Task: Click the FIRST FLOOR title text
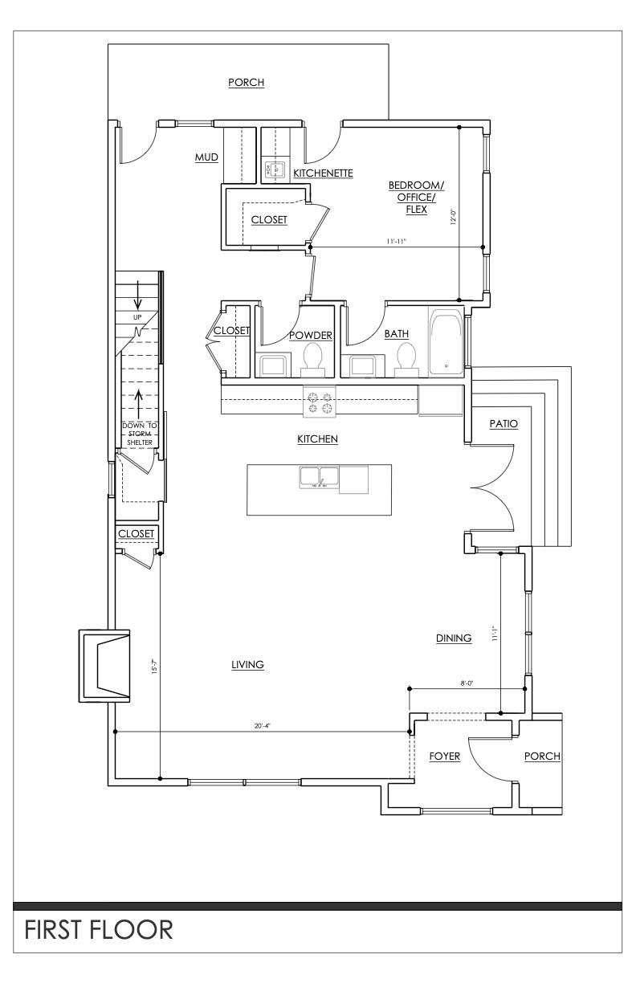pos(98,929)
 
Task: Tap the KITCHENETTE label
pos(323,173)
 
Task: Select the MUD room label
pos(206,157)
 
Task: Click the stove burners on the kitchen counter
pos(320,403)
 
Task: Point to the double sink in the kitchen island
pos(319,478)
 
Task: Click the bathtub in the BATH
pos(446,341)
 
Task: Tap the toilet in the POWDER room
pos(313,357)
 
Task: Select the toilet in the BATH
pos(406,357)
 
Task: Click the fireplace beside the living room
pos(104,666)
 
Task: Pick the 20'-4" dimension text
pos(263,726)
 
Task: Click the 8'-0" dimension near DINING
pos(467,683)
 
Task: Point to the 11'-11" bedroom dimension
pos(397,242)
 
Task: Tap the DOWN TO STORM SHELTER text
pos(140,434)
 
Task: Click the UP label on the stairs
pos(137,317)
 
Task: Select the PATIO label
pos(503,424)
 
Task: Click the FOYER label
pos(445,756)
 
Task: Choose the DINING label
pos(454,638)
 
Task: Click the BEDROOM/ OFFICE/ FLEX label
pos(417,197)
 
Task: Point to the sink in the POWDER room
pos(273,365)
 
